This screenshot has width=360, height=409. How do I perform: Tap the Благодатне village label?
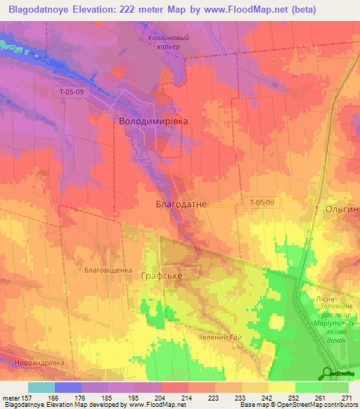pyautogui.click(x=181, y=203)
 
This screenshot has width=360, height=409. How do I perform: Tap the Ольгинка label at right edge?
pyautogui.click(x=342, y=209)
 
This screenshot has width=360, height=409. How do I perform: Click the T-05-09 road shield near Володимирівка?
pyautogui.click(x=69, y=92)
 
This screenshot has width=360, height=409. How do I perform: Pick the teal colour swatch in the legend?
pyautogui.click(x=41, y=387)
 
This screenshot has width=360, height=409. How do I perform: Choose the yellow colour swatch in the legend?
pyautogui.click(x=281, y=387)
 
